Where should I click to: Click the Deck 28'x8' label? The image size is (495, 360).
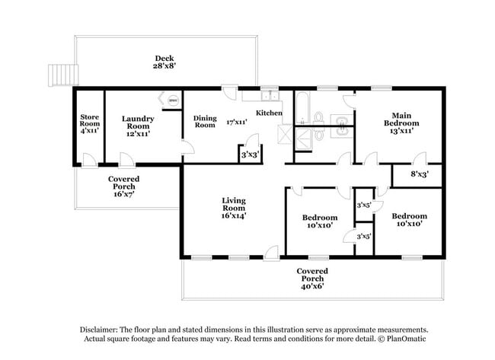pyautogui.click(x=165, y=62)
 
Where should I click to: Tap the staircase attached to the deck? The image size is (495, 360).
pyautogui.click(x=59, y=75)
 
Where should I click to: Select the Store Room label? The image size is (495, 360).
pyautogui.click(x=90, y=124)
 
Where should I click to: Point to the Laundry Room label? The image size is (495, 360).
pyautogui.click(x=139, y=125)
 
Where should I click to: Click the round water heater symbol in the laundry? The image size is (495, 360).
pyautogui.click(x=172, y=100)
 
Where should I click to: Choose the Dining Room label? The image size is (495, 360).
pyautogui.click(x=205, y=121)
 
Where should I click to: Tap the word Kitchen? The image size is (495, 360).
pyautogui.click(x=269, y=113)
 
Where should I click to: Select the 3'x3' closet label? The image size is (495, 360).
pyautogui.click(x=250, y=155)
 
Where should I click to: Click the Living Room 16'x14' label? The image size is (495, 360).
pyautogui.click(x=233, y=207)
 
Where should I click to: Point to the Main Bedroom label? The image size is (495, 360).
pyautogui.click(x=401, y=123)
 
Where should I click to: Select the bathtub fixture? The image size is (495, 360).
pyautogui.click(x=302, y=110)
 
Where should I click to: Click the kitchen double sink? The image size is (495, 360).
pyautogui.click(x=268, y=95)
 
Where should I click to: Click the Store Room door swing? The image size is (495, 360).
pyautogui.click(x=90, y=159)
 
